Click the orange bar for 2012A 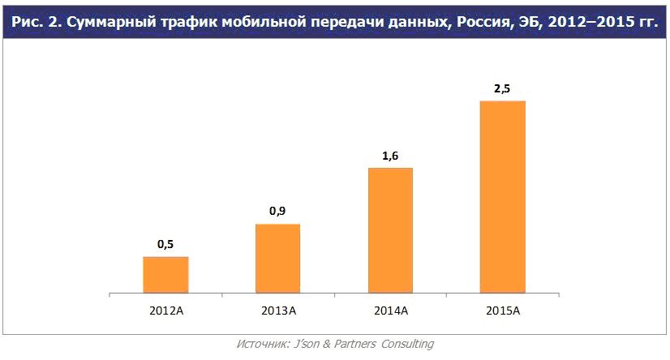(165, 274)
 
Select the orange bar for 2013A (277, 258)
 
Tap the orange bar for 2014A (390, 229)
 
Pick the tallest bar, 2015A (503, 196)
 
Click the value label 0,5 (165, 243)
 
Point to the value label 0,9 (277, 211)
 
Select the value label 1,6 (390, 155)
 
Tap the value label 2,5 (502, 88)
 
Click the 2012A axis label (165, 311)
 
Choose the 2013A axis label (278, 311)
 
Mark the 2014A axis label (390, 311)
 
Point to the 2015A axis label (503, 311)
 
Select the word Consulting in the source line (405, 344)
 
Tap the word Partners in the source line (349, 344)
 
